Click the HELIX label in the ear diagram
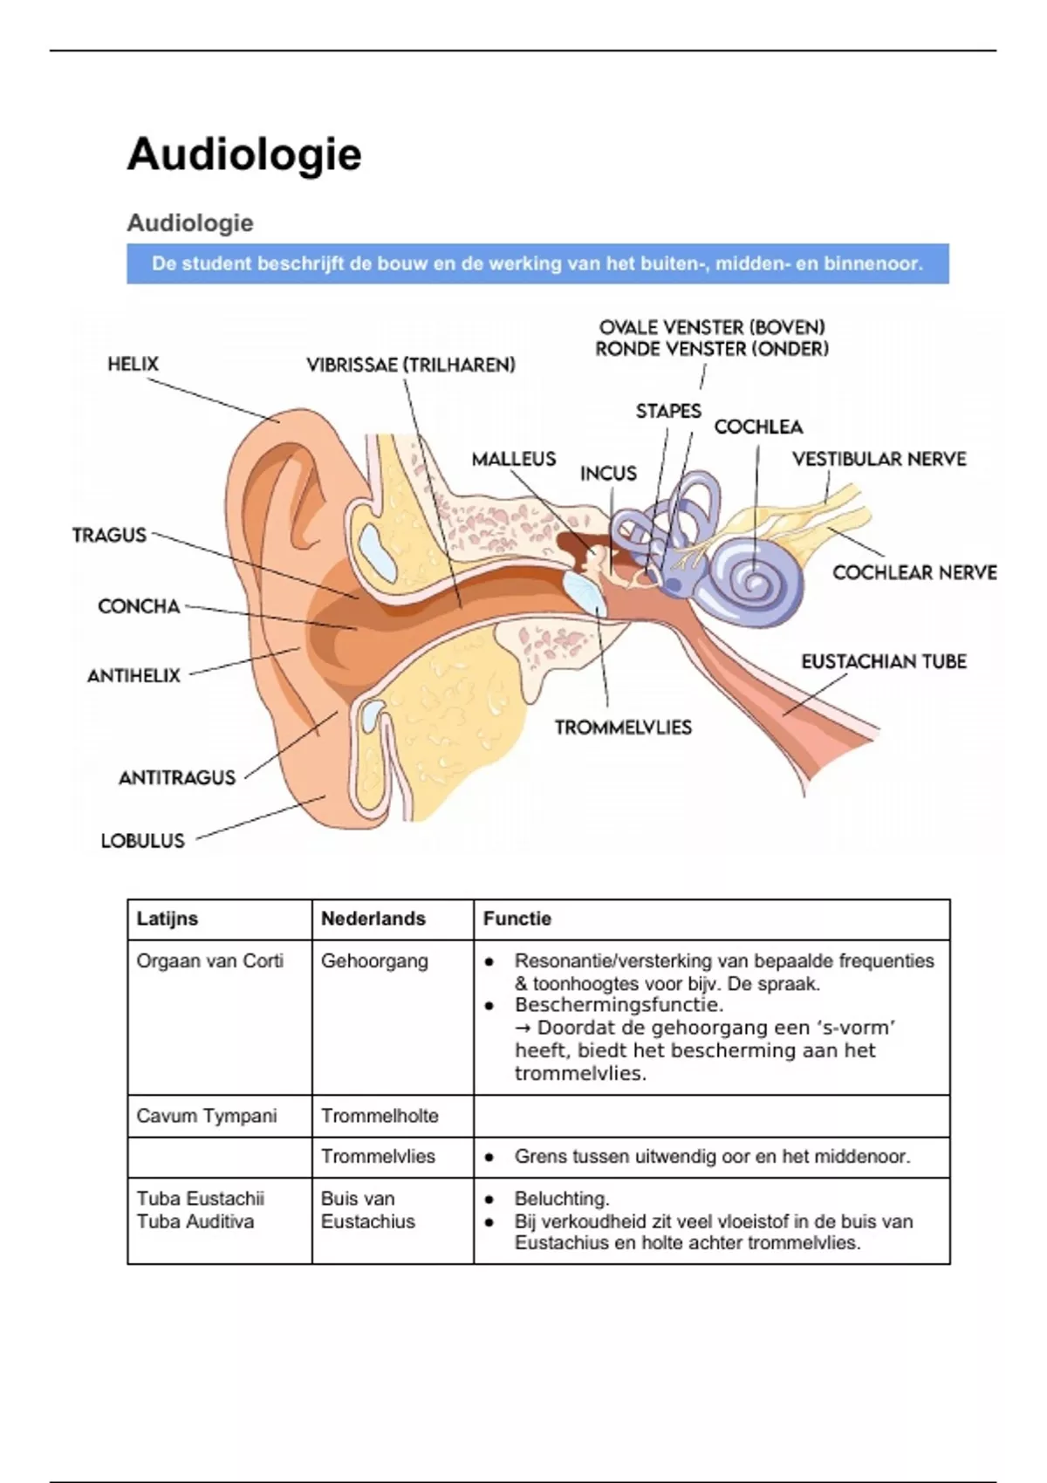point(133,364)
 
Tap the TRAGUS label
point(109,535)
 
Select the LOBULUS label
point(143,841)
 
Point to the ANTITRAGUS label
point(177,777)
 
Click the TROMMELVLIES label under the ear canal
point(623,728)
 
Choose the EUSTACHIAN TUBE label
point(884,661)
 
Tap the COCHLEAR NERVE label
point(914,572)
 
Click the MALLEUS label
point(513,459)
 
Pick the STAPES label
point(668,411)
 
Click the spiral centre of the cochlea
point(749,576)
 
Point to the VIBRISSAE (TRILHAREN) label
point(411,365)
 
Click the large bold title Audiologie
point(244,154)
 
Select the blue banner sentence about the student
point(537,263)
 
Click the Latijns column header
point(168,919)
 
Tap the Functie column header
point(517,919)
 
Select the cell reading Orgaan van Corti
point(210,961)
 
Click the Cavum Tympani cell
point(207,1116)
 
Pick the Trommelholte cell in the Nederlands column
point(380,1116)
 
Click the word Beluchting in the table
point(562,1199)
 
